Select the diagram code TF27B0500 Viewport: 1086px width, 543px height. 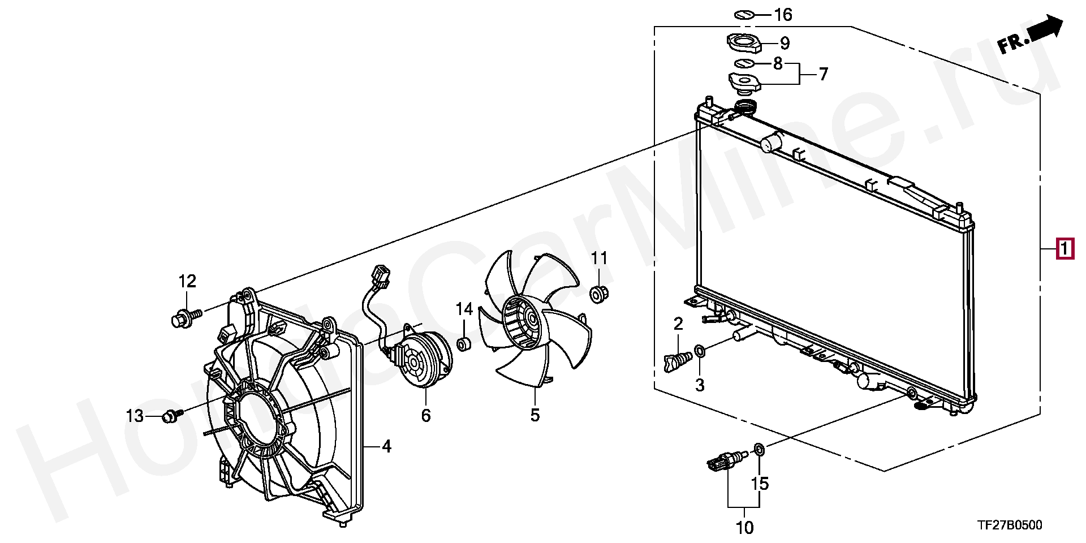coord(1009,525)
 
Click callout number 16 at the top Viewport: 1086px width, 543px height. coord(783,15)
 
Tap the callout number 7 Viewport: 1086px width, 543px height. coord(823,74)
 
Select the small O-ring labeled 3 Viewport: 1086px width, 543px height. coord(700,351)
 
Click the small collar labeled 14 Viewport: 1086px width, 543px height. coord(464,343)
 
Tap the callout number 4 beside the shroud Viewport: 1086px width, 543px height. coord(386,447)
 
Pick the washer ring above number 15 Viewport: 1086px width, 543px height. coord(760,450)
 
